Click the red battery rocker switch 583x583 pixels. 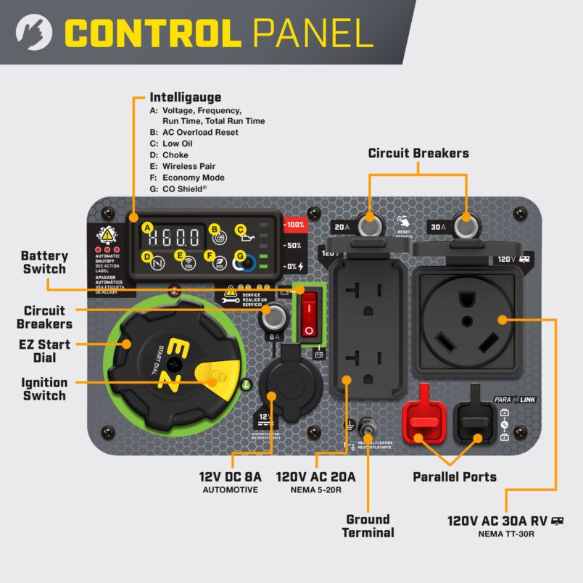pos(310,313)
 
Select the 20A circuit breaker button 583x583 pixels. pos(371,226)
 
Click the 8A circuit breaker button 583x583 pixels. pos(274,316)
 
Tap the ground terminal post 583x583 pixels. pos(368,434)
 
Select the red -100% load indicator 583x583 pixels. pos(294,225)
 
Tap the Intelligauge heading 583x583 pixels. pos(185,96)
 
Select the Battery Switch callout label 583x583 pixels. pos(44,262)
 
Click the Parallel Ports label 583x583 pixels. pos(455,476)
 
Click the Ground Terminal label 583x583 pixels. pos(369,526)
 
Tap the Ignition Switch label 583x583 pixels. pos(44,389)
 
